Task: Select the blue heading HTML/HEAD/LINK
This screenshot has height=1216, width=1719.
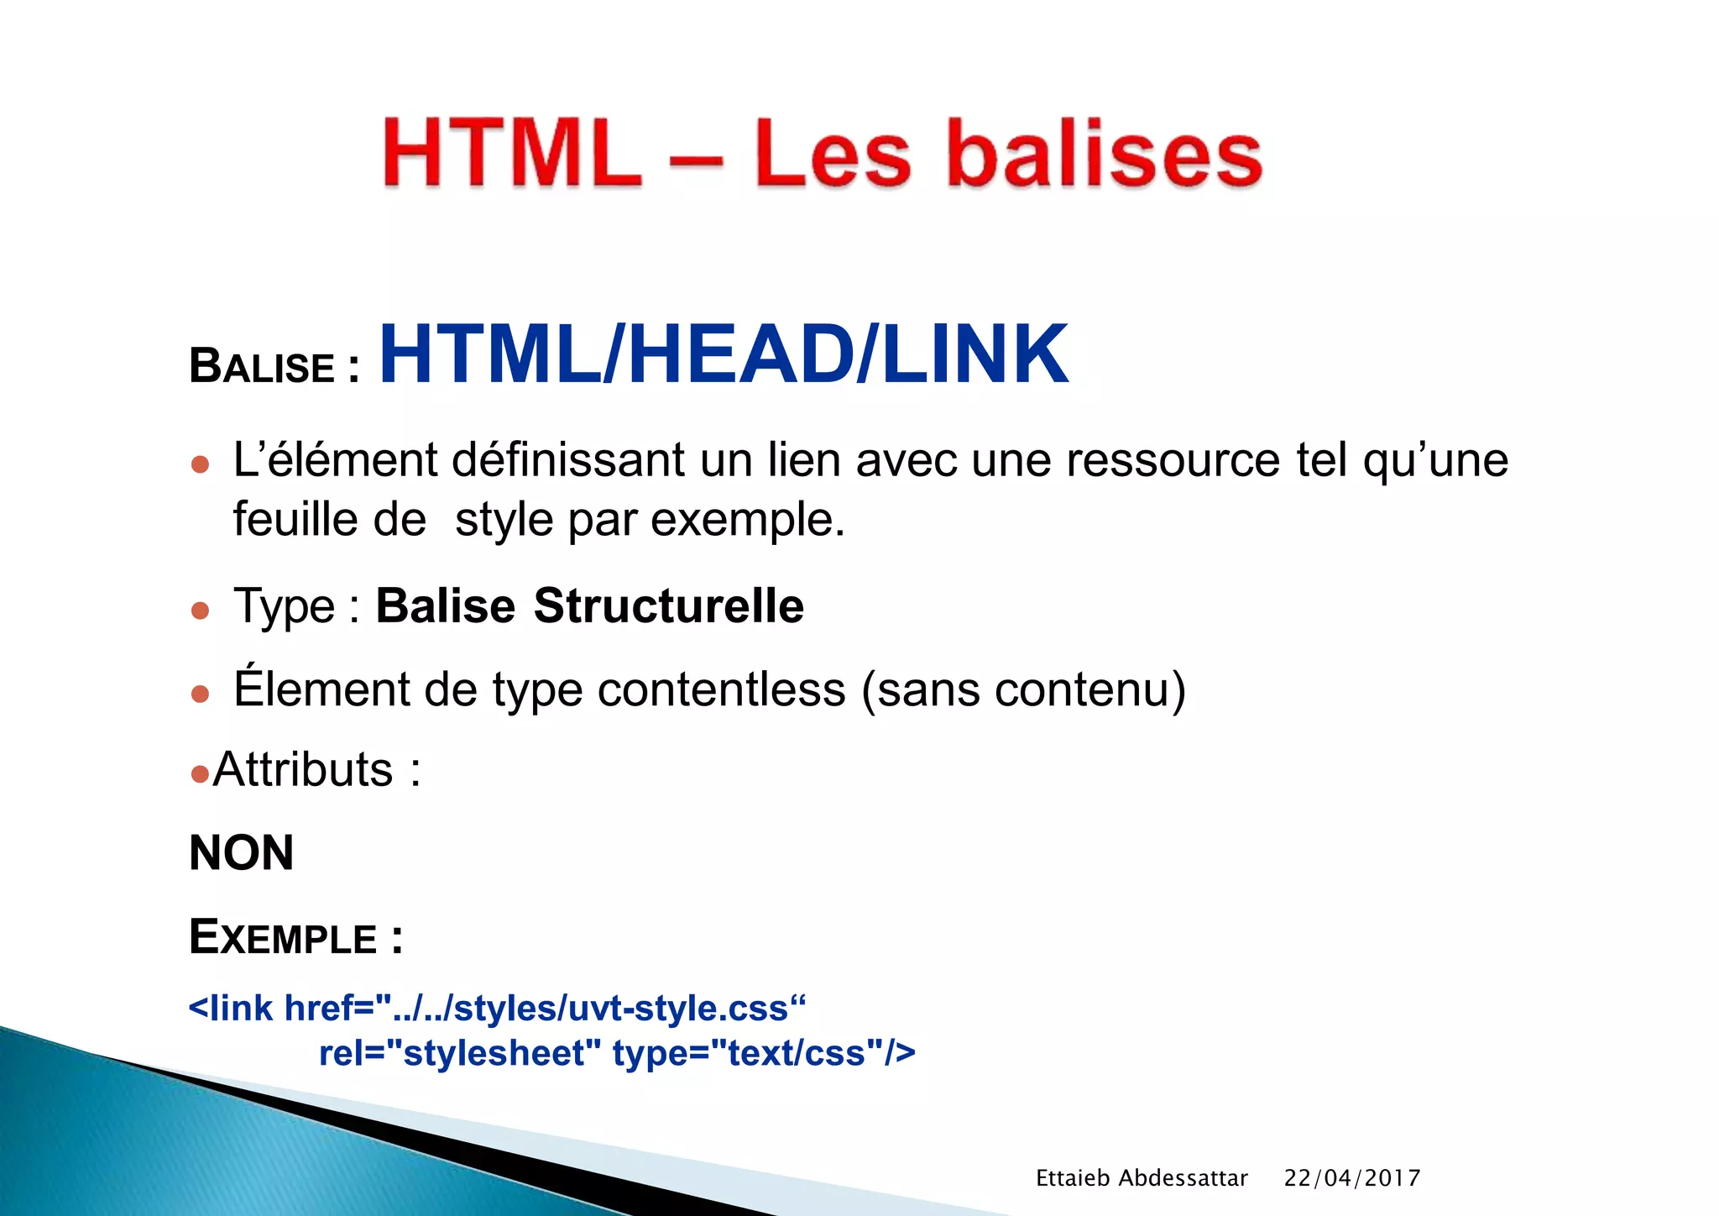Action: point(724,355)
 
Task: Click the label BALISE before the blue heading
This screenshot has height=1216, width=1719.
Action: point(262,367)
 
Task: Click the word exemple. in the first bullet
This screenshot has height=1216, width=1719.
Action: point(747,520)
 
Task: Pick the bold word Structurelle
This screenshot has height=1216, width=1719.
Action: point(669,605)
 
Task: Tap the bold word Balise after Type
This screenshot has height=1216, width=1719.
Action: point(445,605)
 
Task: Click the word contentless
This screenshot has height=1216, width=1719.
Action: point(721,689)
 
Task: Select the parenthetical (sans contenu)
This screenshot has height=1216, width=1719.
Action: point(1023,689)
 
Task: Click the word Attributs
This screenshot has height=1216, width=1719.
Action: point(303,769)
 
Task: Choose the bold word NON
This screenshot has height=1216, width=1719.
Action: point(242,853)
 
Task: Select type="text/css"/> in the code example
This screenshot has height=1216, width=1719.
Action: point(764,1053)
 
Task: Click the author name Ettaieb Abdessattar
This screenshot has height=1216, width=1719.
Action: point(1142,1178)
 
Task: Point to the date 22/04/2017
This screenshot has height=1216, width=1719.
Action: point(1351,1178)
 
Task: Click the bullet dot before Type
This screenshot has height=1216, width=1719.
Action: point(200,610)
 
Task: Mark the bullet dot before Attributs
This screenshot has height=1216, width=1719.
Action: point(200,773)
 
